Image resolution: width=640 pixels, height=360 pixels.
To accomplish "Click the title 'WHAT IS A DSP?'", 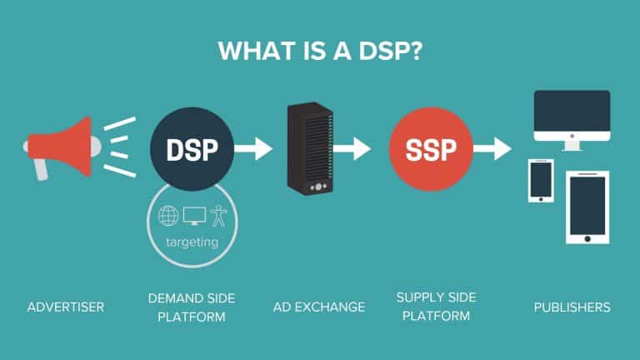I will (320, 49).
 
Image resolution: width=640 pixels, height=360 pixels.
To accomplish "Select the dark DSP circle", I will (192, 150).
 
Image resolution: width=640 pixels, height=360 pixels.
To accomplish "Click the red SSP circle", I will (430, 150).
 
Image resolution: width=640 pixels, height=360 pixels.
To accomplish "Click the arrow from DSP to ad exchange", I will (253, 150).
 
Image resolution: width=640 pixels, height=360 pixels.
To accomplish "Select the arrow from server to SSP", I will (353, 150).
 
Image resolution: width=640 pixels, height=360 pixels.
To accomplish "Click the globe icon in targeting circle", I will (168, 217).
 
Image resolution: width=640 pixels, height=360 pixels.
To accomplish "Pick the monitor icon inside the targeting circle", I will (193, 217).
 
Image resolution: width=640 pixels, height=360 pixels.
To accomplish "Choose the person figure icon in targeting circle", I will (218, 217).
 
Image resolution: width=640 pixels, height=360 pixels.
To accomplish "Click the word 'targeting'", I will (192, 242).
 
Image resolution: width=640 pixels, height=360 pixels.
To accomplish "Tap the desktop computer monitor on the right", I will (571, 118).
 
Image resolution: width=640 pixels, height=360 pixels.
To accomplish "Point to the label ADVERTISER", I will (65, 307).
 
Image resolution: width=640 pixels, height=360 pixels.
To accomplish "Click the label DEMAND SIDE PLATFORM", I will (192, 307).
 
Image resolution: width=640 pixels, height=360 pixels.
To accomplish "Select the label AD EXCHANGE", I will (320, 307).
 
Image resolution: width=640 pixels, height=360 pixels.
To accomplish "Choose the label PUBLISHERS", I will (572, 307).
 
